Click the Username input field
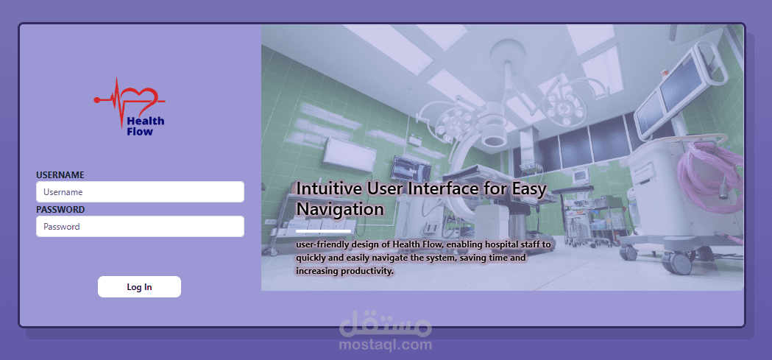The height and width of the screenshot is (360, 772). [140, 192]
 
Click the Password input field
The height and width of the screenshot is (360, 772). [140, 227]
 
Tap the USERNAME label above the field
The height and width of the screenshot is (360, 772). [60, 174]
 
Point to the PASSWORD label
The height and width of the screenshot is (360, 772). [60, 210]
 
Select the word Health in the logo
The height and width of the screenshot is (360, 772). [146, 121]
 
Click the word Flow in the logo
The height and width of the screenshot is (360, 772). [140, 132]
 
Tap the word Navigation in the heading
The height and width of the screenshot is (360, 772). [340, 209]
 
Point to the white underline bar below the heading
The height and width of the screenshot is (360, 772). [324, 230]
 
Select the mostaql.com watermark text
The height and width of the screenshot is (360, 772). [386, 345]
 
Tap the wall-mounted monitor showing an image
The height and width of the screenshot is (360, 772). [411, 168]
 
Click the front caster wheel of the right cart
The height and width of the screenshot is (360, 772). [677, 263]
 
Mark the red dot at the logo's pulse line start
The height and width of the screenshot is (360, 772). [96, 100]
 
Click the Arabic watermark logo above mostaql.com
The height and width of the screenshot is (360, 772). [386, 322]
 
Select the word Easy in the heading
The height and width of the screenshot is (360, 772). [529, 189]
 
